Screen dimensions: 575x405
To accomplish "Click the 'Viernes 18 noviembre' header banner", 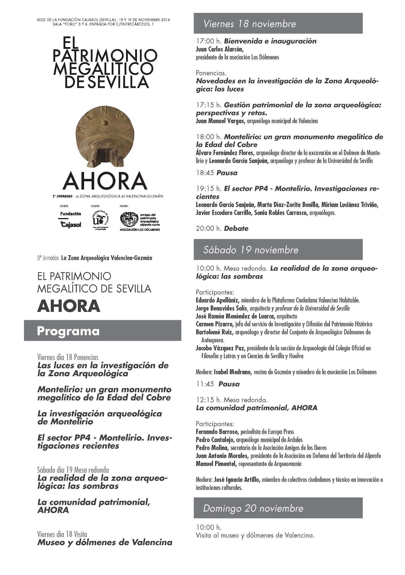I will [278, 24].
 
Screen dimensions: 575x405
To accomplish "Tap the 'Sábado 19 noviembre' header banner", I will [278, 250].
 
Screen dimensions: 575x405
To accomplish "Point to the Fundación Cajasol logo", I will [71, 219].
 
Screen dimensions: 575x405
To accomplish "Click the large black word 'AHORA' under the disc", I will [105, 181].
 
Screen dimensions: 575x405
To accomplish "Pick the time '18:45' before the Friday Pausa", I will [205, 173].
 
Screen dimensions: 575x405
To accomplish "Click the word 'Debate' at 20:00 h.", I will [236, 228].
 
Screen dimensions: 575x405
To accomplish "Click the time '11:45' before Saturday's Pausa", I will [205, 384].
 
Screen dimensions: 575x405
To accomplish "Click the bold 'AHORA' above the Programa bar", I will [69, 306].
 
